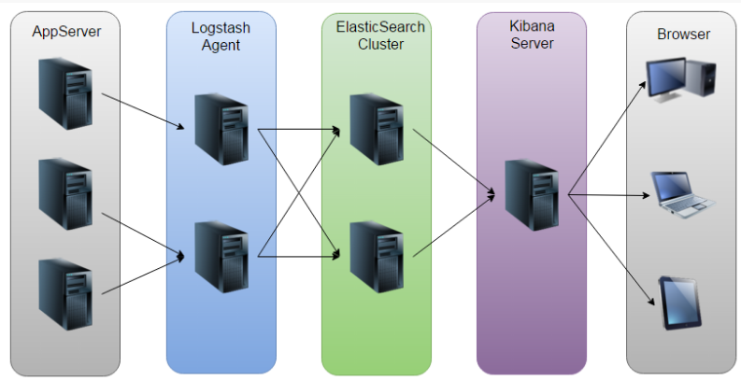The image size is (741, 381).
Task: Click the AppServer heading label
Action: click(66, 32)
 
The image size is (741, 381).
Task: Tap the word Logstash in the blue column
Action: click(221, 28)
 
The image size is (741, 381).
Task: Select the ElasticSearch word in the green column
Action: click(380, 27)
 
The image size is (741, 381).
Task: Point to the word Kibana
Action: click(532, 25)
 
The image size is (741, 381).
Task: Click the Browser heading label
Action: click(683, 34)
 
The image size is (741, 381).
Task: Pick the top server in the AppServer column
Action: click(65, 93)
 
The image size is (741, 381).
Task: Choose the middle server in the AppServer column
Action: click(65, 194)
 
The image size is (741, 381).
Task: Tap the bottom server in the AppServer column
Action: click(65, 294)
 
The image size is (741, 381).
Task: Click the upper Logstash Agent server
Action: click(221, 130)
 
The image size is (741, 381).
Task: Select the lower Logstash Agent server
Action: click(221, 258)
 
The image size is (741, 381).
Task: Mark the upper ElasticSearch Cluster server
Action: click(377, 130)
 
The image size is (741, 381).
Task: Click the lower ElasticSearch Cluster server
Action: click(377, 258)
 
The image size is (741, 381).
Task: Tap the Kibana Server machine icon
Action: click(532, 195)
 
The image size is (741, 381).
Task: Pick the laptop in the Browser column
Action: click(683, 194)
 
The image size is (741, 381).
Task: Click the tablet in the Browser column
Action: click(680, 303)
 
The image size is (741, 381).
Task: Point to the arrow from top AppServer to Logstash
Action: click(143, 111)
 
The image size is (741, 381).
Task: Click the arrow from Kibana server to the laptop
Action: click(609, 194)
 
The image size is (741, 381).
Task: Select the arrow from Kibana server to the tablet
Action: click(611, 250)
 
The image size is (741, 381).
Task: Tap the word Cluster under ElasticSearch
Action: click(380, 45)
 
